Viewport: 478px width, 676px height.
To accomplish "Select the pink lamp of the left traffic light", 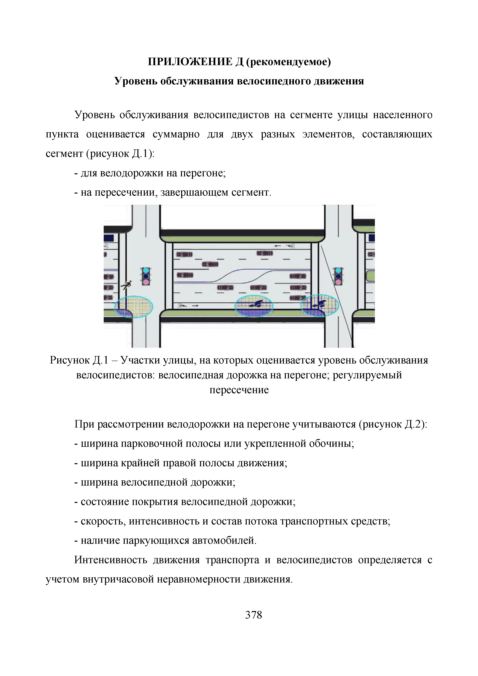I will point(146,282).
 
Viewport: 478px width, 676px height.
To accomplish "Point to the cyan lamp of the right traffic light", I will point(338,270).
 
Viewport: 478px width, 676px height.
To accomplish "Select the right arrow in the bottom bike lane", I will point(195,306).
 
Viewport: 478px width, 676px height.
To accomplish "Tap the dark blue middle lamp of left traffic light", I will point(146,276).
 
